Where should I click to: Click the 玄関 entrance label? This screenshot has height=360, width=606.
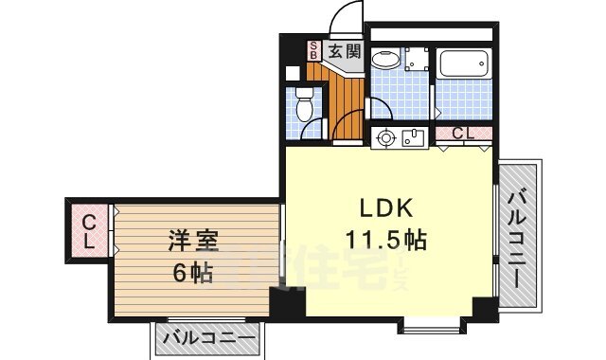[x=344, y=51]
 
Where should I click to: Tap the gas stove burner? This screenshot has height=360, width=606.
[x=385, y=138]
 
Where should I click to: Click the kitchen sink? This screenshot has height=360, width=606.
[x=412, y=138]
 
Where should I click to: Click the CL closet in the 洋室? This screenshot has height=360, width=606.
[x=87, y=232]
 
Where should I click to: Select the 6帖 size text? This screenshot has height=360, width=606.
[x=193, y=274]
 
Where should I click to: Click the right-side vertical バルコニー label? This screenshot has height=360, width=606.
[x=521, y=237]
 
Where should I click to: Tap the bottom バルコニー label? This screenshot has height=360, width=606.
[x=207, y=338]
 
